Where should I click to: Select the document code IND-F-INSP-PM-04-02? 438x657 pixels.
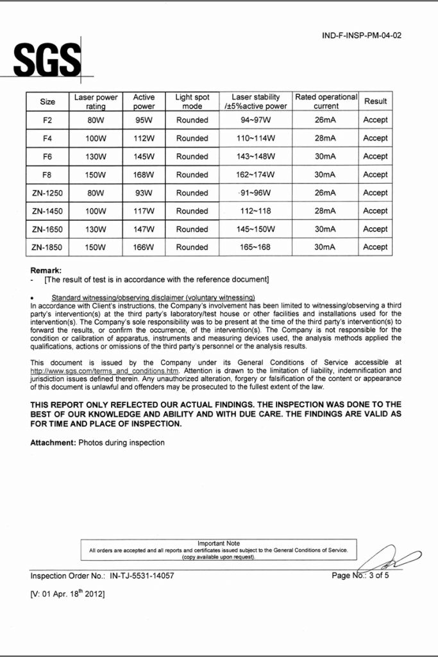click(362, 36)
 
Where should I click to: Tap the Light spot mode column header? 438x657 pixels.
click(192, 101)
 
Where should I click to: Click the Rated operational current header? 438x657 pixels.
click(326, 101)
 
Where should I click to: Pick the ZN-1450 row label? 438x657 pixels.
click(47, 211)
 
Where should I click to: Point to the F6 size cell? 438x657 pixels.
click(47, 157)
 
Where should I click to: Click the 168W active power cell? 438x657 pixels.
click(144, 175)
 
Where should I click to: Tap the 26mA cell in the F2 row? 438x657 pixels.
click(326, 120)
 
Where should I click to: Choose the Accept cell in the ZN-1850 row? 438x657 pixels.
click(375, 247)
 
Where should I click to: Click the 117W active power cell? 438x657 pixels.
click(144, 211)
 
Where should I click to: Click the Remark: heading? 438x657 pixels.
click(46, 270)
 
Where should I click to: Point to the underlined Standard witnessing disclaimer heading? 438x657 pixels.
click(153, 297)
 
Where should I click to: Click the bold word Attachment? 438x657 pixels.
click(53, 443)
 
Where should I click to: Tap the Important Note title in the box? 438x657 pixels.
click(219, 543)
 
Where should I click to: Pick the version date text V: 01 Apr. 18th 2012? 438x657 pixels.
click(67, 594)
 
